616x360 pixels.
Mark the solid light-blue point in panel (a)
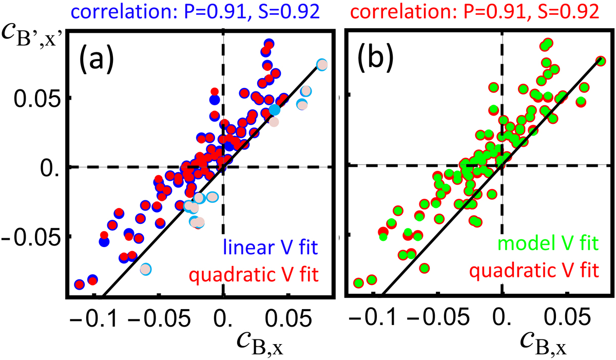click(x=275, y=109)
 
